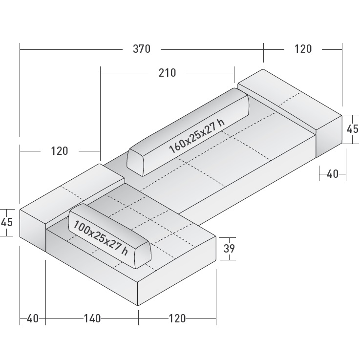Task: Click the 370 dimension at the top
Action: (x=141, y=49)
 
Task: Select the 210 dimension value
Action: (x=167, y=73)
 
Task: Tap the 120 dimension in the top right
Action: (x=303, y=49)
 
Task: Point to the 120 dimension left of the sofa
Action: (x=59, y=151)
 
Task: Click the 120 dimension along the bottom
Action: (x=177, y=318)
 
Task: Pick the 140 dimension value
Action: (x=92, y=318)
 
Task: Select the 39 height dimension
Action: (x=229, y=248)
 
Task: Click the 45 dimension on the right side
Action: (x=352, y=129)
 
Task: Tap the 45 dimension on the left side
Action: (x=7, y=222)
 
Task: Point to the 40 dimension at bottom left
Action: (x=32, y=318)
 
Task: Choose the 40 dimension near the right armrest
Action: (x=332, y=173)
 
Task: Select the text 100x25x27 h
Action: (x=101, y=236)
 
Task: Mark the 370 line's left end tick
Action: (x=20, y=49)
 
